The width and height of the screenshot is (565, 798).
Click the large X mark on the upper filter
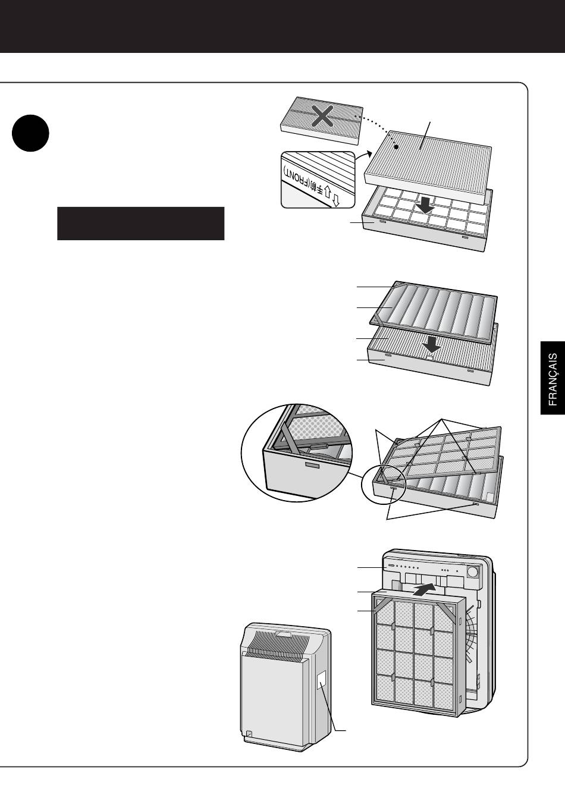click(x=322, y=116)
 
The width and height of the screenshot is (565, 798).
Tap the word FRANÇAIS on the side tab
click(x=553, y=379)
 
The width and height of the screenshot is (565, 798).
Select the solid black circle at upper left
click(x=30, y=133)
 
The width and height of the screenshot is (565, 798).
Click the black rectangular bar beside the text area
click(x=141, y=224)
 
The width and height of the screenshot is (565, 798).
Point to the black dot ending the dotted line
click(x=396, y=146)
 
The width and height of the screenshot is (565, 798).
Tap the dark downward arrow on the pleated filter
click(x=431, y=345)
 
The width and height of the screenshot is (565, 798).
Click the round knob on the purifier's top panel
click(x=473, y=573)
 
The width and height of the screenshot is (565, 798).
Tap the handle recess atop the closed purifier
click(x=284, y=634)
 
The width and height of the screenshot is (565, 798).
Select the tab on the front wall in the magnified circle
click(x=311, y=465)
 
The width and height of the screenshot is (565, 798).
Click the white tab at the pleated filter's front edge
click(x=430, y=356)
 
